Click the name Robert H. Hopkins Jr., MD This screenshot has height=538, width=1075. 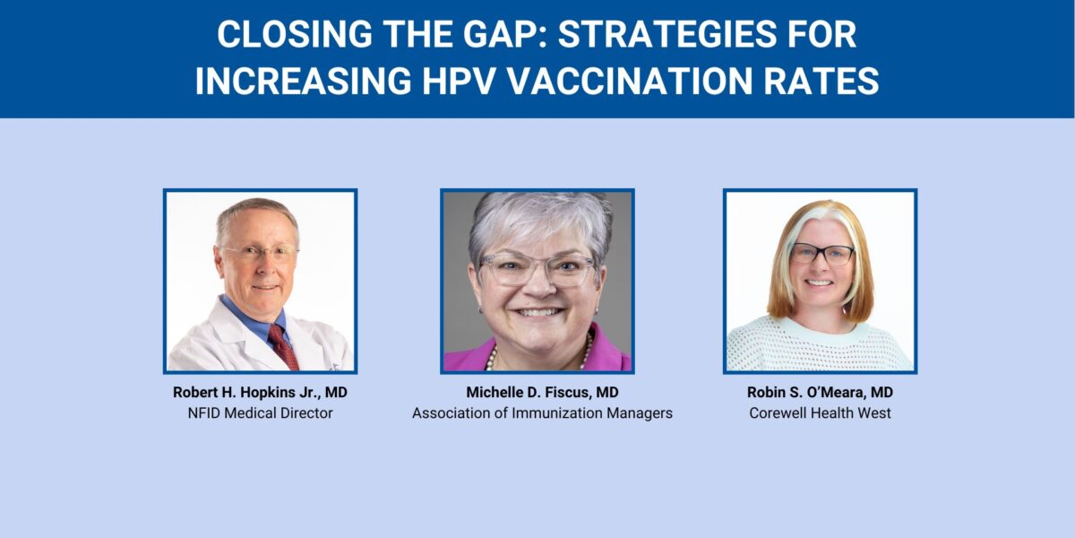tap(260, 394)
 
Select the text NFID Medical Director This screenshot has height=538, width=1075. tap(260, 413)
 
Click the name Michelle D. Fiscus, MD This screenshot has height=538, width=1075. tap(542, 394)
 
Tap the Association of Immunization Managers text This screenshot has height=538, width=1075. tap(542, 413)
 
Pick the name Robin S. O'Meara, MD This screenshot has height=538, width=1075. tap(820, 394)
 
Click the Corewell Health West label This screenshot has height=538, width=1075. tap(820, 413)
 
